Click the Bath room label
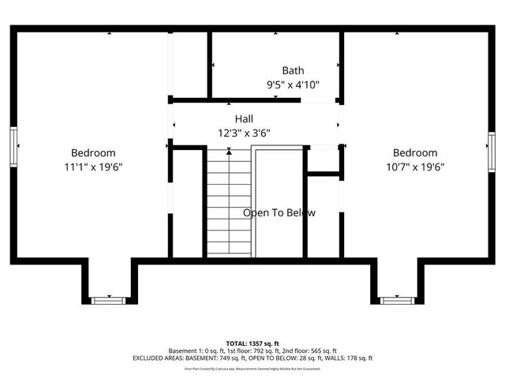tap(293, 70)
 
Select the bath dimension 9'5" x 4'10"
tap(293, 84)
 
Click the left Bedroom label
tap(93, 152)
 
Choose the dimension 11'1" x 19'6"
tap(93, 167)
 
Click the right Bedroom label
tap(415, 152)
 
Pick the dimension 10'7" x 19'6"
tap(415, 167)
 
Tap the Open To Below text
tap(279, 212)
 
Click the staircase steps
tap(229, 202)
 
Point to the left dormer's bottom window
tap(108, 300)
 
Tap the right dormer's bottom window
tap(396, 300)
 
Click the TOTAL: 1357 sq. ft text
tap(252, 343)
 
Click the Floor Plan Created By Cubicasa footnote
tap(252, 368)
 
